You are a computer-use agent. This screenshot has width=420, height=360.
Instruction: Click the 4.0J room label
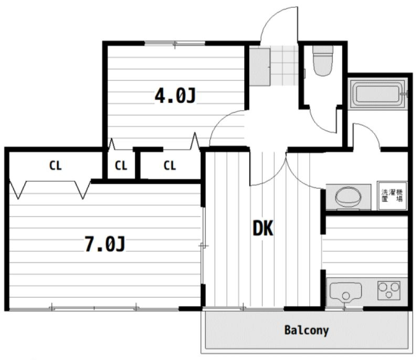pyautogui.click(x=175, y=96)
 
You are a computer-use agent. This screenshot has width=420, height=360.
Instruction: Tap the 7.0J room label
pyautogui.click(x=105, y=243)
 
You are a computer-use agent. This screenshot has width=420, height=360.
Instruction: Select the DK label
pyautogui.click(x=263, y=228)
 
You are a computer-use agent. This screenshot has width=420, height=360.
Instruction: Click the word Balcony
pyautogui.click(x=307, y=330)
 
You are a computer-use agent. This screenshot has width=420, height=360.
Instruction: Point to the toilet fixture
pyautogui.click(x=323, y=61)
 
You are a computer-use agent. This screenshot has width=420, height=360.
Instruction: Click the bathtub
pyautogui.click(x=377, y=93)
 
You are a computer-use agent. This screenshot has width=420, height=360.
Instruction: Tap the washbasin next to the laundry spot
pyautogui.click(x=348, y=197)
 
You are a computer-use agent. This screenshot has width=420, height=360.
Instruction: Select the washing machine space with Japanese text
pyautogui.click(x=392, y=196)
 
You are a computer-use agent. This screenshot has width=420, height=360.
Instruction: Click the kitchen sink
pyautogui.click(x=345, y=292)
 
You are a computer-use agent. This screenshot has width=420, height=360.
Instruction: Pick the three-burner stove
pyautogui.click(x=388, y=290)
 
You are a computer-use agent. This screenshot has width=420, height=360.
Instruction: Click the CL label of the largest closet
pyautogui.click(x=56, y=165)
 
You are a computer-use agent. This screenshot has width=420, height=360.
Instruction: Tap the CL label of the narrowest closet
pyautogui.click(x=121, y=166)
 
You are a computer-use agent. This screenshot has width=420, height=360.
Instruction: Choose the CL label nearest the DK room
pyautogui.click(x=170, y=165)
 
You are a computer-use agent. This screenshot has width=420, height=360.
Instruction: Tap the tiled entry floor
pyautogui.click(x=284, y=66)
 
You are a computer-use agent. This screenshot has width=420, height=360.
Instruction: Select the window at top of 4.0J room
pyautogui.click(x=175, y=43)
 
